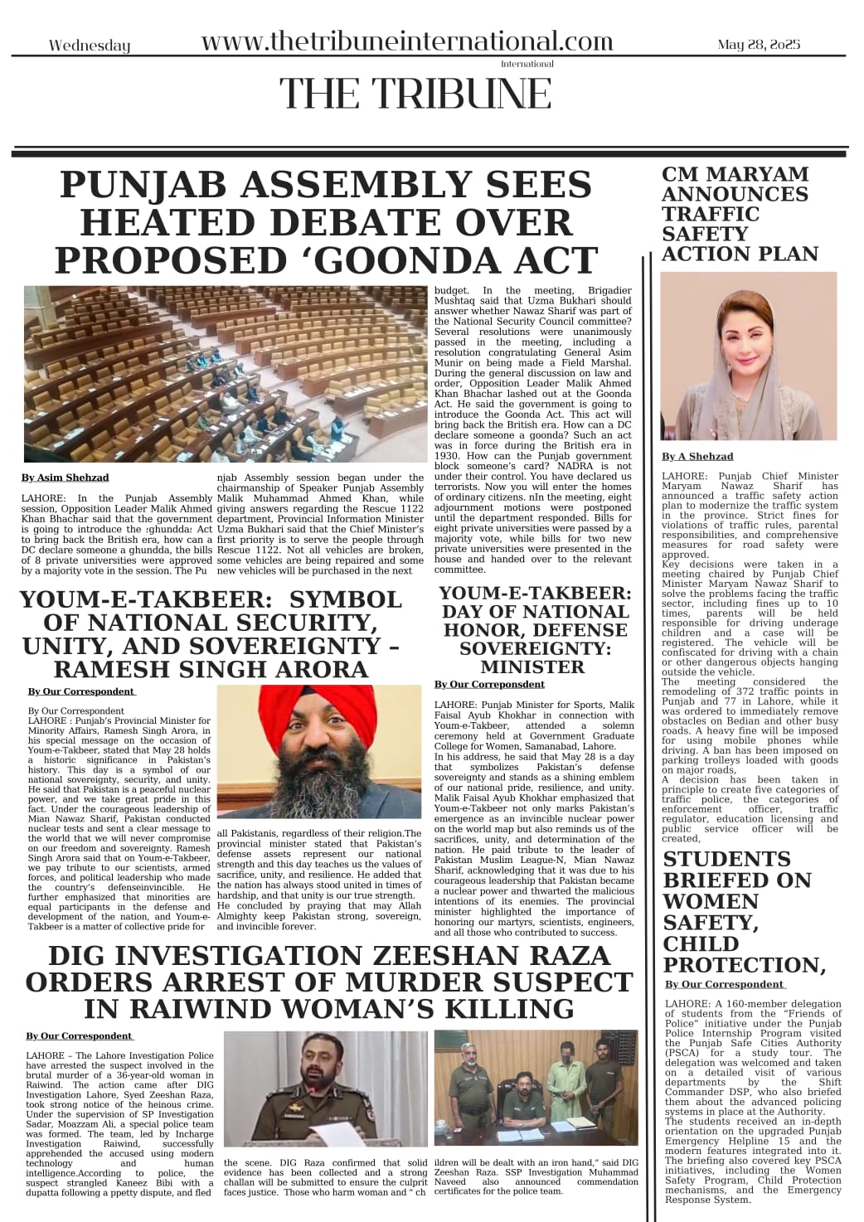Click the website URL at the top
point(407,41)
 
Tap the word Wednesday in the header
point(90,46)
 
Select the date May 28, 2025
point(759,45)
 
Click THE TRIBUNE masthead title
point(415,94)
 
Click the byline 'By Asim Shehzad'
point(66,478)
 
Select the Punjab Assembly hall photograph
point(224,373)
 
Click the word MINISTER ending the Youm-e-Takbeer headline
point(532,667)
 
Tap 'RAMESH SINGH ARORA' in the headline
point(211,669)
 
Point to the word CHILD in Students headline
point(701,944)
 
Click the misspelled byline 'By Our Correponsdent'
point(489,685)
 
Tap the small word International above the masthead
point(527,64)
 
